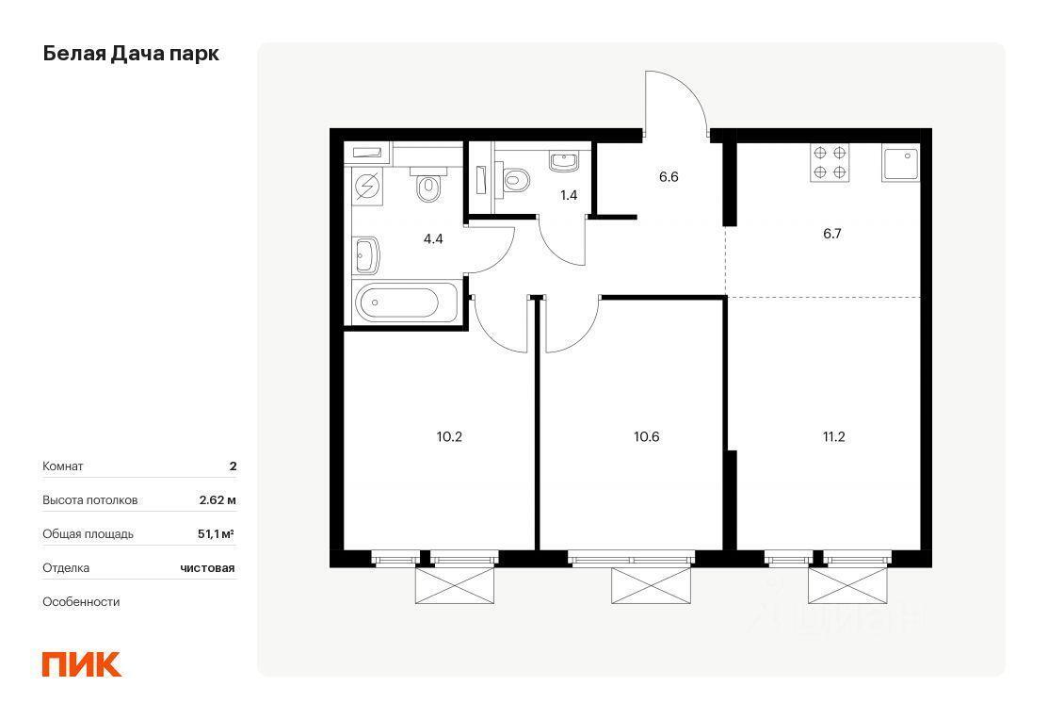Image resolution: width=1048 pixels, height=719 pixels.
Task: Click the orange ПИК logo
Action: [82, 664]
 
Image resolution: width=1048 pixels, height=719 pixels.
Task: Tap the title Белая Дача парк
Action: [131, 54]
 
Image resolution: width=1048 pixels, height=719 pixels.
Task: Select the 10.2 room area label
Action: [449, 436]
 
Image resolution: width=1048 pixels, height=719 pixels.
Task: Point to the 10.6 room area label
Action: [646, 436]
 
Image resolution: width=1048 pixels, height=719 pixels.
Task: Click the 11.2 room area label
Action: [834, 436]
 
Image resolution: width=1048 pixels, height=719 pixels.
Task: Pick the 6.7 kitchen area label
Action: [832, 234]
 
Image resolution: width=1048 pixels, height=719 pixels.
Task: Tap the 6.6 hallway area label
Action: [669, 176]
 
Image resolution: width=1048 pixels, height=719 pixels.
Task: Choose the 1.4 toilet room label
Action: [569, 195]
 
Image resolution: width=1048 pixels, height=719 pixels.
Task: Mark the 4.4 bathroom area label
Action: [434, 238]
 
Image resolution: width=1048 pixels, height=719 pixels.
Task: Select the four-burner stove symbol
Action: [830, 162]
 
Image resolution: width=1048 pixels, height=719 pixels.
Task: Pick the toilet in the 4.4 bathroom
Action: [428, 186]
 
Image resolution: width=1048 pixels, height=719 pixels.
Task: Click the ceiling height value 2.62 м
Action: [218, 499]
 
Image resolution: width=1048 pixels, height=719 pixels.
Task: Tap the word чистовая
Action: [207, 568]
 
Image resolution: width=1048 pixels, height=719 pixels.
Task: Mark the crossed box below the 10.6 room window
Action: [651, 585]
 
